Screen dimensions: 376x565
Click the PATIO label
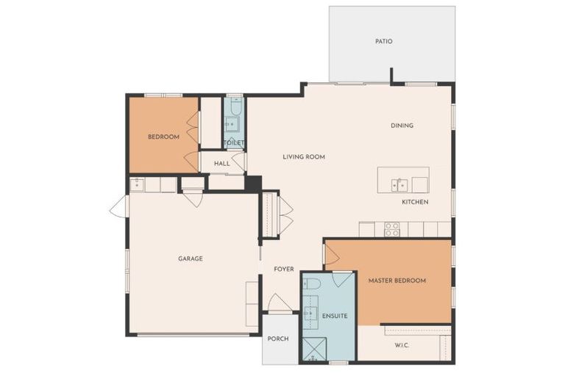(x=383, y=41)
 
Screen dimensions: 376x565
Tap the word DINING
(x=402, y=126)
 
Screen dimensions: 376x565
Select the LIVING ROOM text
(x=304, y=156)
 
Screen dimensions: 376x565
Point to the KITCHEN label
(x=415, y=202)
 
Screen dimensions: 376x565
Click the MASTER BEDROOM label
(x=397, y=281)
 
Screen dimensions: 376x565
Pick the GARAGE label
(x=190, y=258)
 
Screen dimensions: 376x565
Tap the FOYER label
(x=284, y=269)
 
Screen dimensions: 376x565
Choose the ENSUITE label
(x=335, y=316)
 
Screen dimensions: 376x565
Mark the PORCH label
(x=278, y=339)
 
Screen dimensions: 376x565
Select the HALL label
(x=222, y=163)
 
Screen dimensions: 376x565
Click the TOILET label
(x=235, y=143)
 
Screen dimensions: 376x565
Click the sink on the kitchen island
(x=399, y=184)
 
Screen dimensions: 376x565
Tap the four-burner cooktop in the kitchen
(x=392, y=229)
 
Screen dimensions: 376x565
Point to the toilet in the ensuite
(x=311, y=283)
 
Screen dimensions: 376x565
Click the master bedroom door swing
(x=332, y=255)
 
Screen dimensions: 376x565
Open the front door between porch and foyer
(x=279, y=303)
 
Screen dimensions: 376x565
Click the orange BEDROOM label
(x=163, y=137)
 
